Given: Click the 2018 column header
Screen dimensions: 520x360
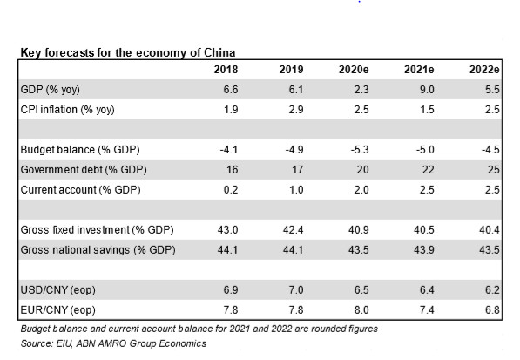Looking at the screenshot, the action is coord(226,70).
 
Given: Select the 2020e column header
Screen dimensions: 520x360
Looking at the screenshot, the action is coord(354,70).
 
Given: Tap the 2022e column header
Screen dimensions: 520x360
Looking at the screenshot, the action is coord(484,70).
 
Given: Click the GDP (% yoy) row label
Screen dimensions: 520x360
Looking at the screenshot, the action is coord(50,90).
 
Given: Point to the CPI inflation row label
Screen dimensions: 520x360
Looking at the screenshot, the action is coord(67,110).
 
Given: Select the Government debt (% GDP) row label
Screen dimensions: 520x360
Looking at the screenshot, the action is coord(84,170).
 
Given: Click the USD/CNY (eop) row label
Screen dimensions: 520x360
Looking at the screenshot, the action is coord(57,290).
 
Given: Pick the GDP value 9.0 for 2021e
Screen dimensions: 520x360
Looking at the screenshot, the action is coord(426,90).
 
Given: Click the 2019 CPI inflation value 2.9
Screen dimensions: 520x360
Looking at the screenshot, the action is coord(296,110).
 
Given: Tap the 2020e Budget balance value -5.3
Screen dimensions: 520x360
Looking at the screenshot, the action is coord(360,150).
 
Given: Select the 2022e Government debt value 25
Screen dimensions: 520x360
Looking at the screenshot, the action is coord(494,170).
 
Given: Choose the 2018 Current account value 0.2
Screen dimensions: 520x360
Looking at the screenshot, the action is coord(231,190).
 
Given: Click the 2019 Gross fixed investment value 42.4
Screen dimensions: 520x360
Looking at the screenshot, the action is coord(293,230).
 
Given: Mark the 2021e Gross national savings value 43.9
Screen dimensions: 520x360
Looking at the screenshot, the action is coord(424,250).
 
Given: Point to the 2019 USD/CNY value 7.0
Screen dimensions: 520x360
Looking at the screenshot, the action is coord(296,290).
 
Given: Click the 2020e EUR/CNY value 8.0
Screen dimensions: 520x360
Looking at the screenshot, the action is coord(361,310).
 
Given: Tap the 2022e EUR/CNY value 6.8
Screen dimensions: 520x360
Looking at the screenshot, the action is coord(492,310).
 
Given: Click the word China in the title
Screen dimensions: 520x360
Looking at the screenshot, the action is coord(219,53).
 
